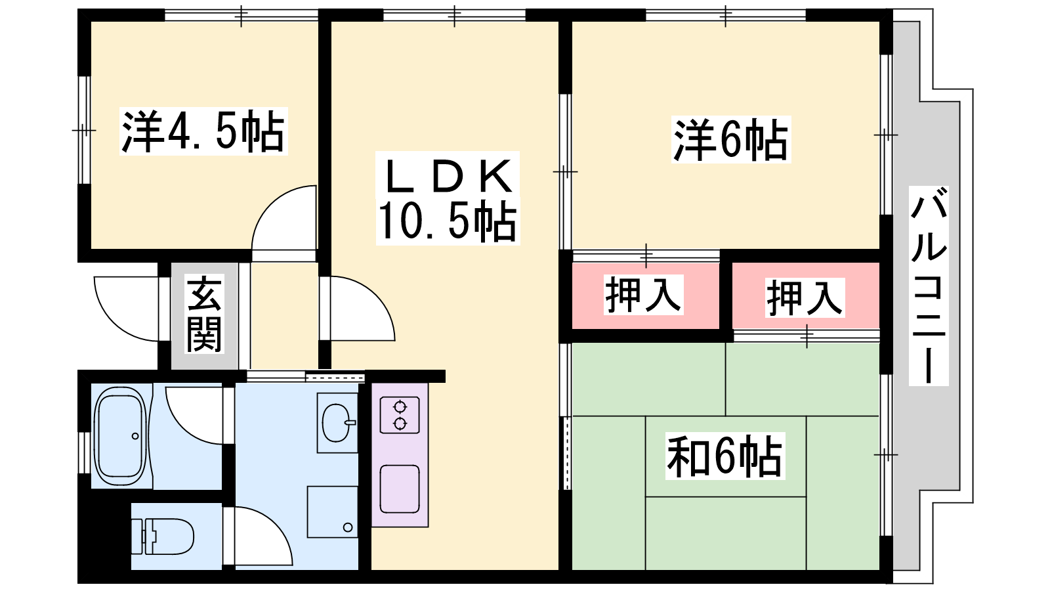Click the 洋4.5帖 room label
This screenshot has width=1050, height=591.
pos(203,131)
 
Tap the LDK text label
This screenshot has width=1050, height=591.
pos(448,176)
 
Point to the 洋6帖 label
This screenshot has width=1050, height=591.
pos(731,139)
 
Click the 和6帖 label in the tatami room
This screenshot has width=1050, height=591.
pos(724,456)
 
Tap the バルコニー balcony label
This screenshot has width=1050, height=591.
pos(929,286)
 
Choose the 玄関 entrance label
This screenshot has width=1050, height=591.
pos(204,314)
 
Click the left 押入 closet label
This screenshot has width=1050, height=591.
pos(642,295)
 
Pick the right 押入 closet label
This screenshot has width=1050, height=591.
pos(805,297)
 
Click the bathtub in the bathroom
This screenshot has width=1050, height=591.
pos(121,436)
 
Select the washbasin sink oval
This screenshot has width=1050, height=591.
pos(337,423)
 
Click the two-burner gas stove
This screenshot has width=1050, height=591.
pos(400,415)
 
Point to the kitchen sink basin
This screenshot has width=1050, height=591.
pos(400,489)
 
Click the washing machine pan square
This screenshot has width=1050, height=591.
pos(332,512)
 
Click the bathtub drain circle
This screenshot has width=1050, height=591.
pos(135,436)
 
